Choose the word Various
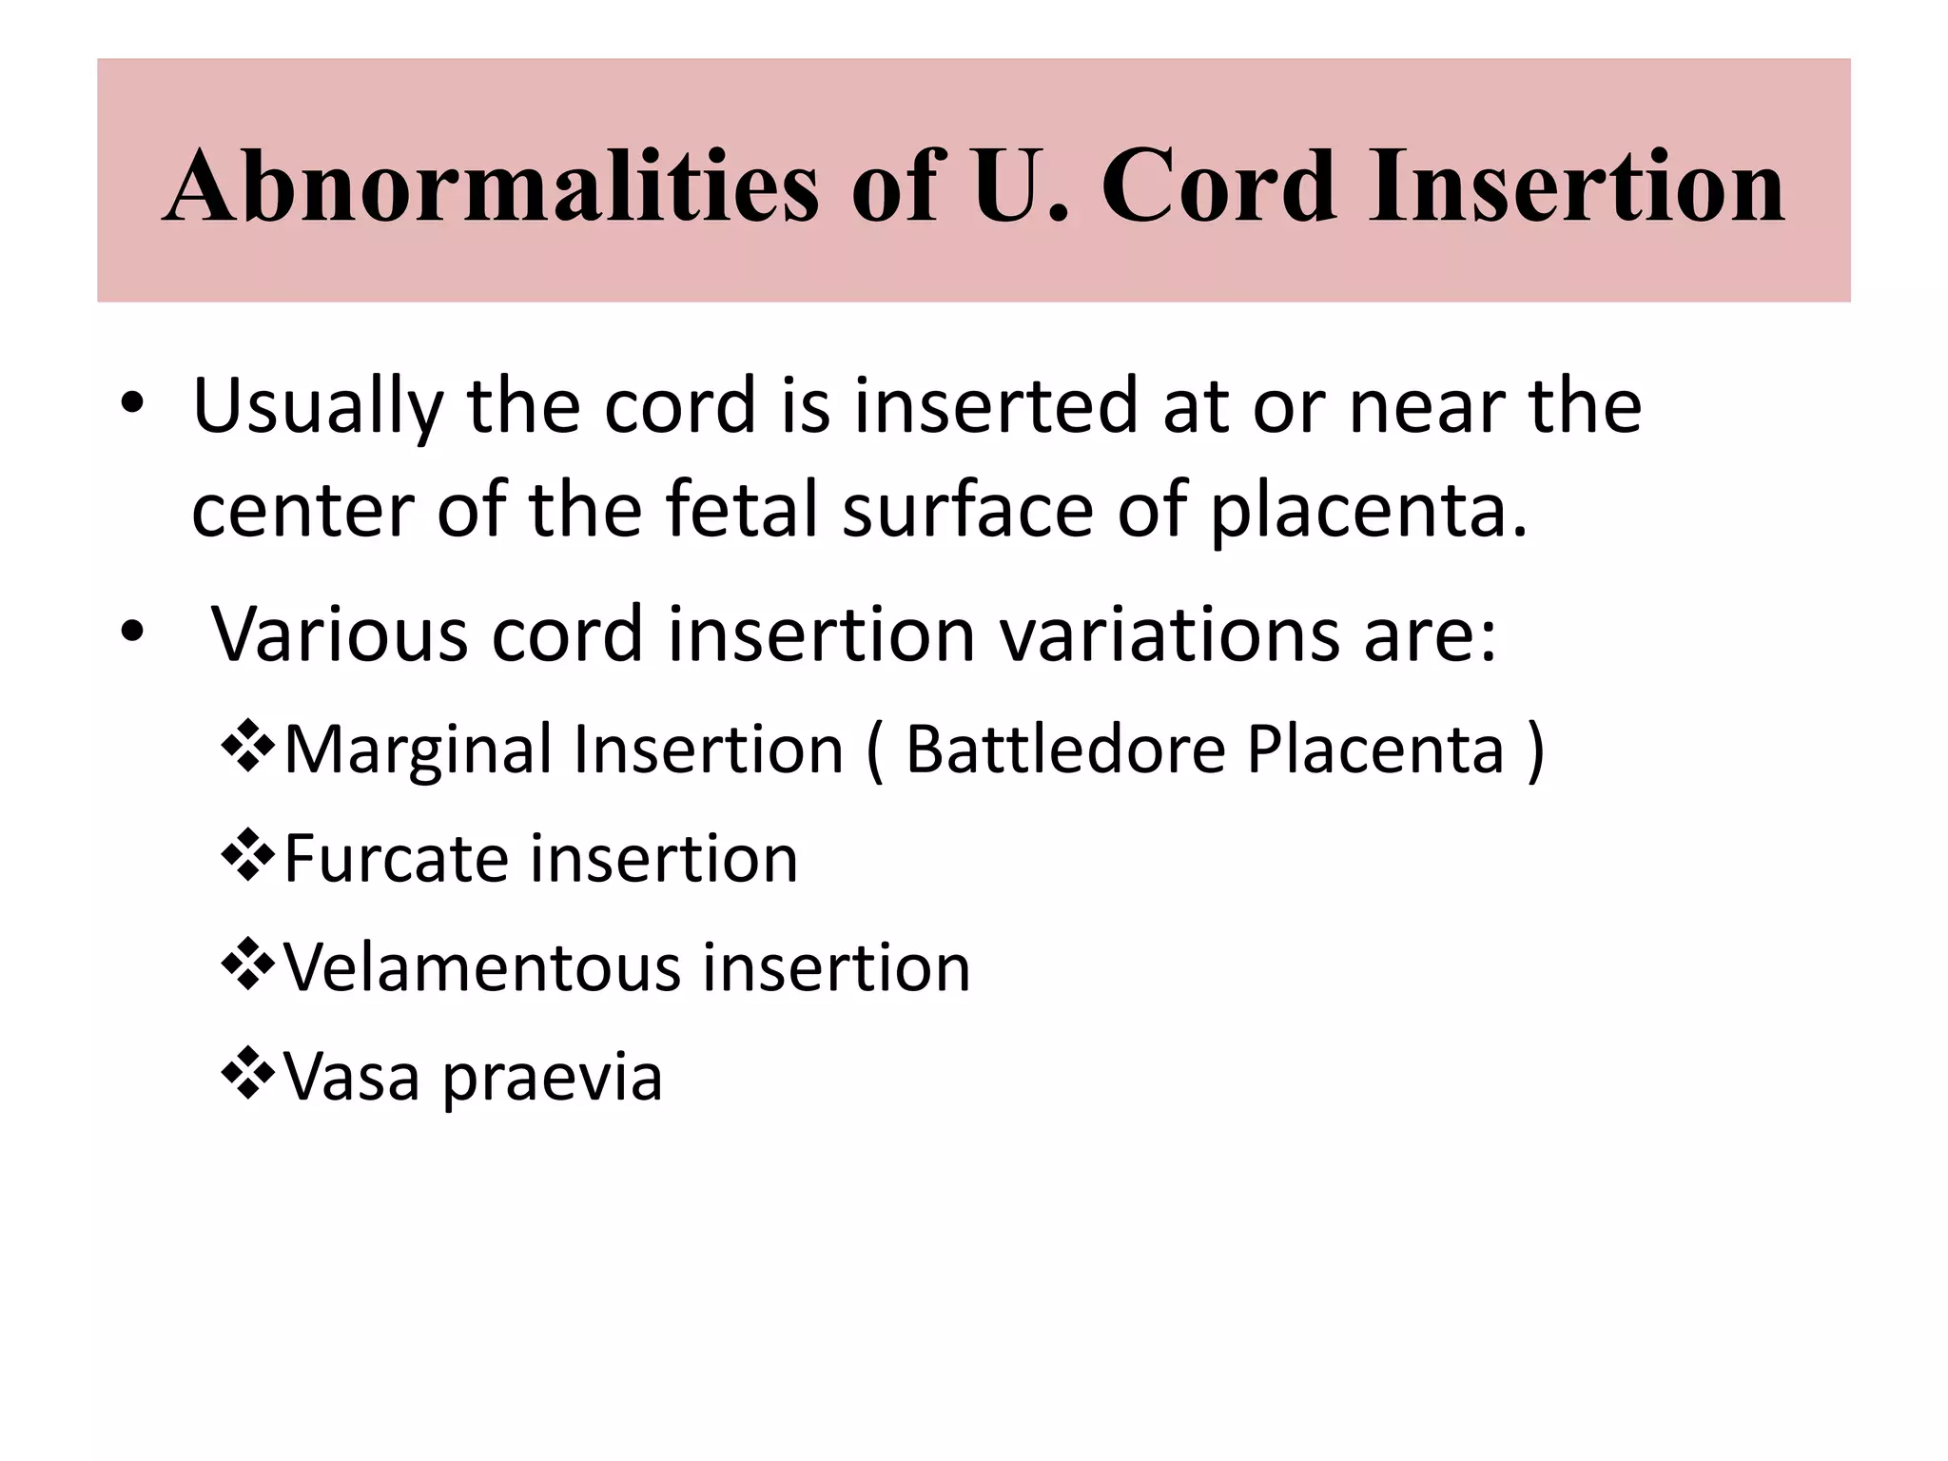tap(340, 634)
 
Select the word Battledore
tap(1065, 749)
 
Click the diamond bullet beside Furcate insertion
tap(247, 855)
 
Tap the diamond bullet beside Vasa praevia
tap(247, 1073)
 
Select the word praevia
tap(553, 1079)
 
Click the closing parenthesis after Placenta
tap(1534, 750)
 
